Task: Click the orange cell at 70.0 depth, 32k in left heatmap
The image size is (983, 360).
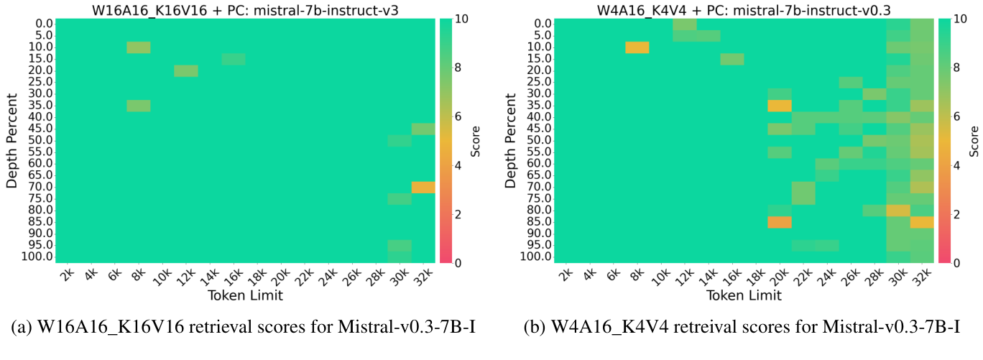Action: pos(423,187)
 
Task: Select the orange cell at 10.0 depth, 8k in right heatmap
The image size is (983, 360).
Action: pos(637,47)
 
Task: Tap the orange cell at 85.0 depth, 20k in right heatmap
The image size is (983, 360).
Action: pos(779,222)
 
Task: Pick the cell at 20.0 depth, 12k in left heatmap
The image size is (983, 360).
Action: pos(186,70)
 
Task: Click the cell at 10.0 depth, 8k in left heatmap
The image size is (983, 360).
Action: pos(139,47)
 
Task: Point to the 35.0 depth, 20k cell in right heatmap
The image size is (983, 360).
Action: pos(779,106)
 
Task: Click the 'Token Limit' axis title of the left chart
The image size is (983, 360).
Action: pos(245,295)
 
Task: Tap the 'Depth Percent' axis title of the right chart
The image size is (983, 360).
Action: pos(511,141)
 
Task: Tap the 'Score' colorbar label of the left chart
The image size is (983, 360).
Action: pos(475,141)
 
